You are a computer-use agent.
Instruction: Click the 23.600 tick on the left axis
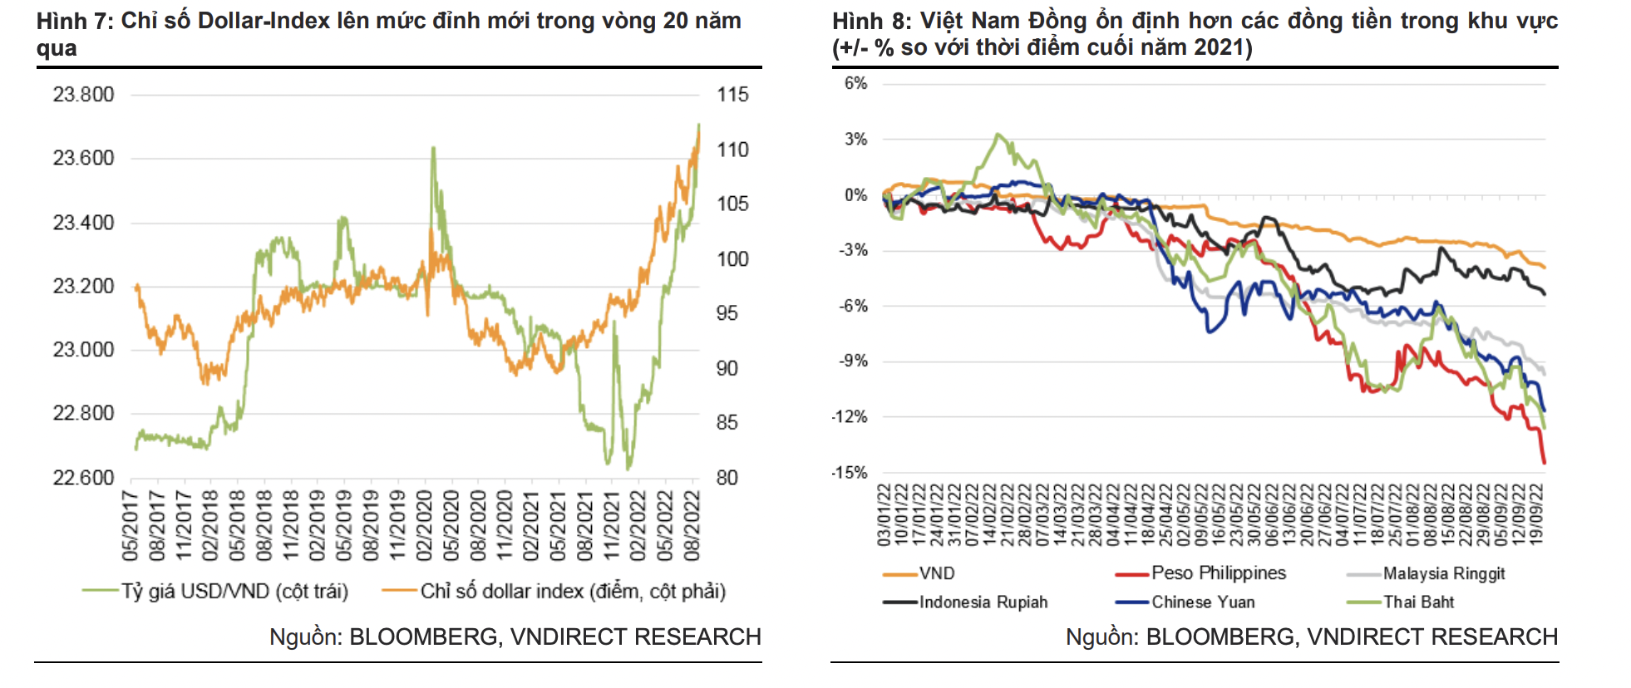[x=83, y=158]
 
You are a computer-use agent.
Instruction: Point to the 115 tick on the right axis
[x=732, y=95]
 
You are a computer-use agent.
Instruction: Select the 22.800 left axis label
[x=83, y=413]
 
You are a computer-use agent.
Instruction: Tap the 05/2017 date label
[x=131, y=525]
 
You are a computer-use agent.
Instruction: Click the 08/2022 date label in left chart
[x=692, y=525]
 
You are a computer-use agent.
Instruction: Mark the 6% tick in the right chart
[x=855, y=83]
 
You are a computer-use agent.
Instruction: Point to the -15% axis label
[x=850, y=472]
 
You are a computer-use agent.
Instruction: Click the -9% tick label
[x=853, y=361]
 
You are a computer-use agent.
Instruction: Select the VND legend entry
[x=937, y=573]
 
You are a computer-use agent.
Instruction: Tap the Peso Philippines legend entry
[x=1218, y=573]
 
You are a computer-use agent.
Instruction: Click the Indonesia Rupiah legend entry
[x=983, y=602]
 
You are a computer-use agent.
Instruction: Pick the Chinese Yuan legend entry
[x=1203, y=602]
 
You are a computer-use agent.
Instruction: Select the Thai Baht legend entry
[x=1418, y=602]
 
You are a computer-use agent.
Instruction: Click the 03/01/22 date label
[x=884, y=515]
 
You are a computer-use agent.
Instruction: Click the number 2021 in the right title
[x=1215, y=47]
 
